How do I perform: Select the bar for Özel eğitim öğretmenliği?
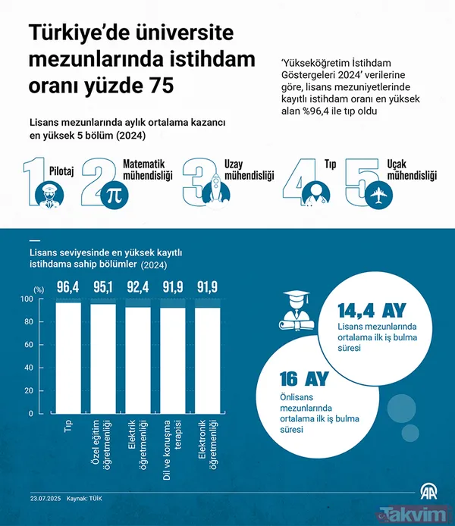click(x=104, y=358)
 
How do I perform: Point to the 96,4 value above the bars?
click(x=69, y=287)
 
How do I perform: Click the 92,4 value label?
click(x=139, y=287)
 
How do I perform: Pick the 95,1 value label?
click(x=104, y=287)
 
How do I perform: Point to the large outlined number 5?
click(x=359, y=183)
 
